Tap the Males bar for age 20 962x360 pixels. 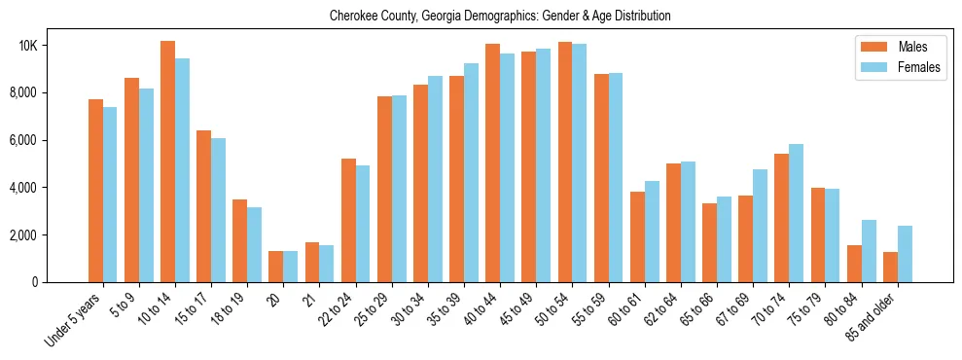pos(275,267)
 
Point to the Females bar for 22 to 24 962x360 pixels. pos(363,224)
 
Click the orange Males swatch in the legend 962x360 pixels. pos(872,47)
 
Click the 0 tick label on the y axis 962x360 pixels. pos(60,282)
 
